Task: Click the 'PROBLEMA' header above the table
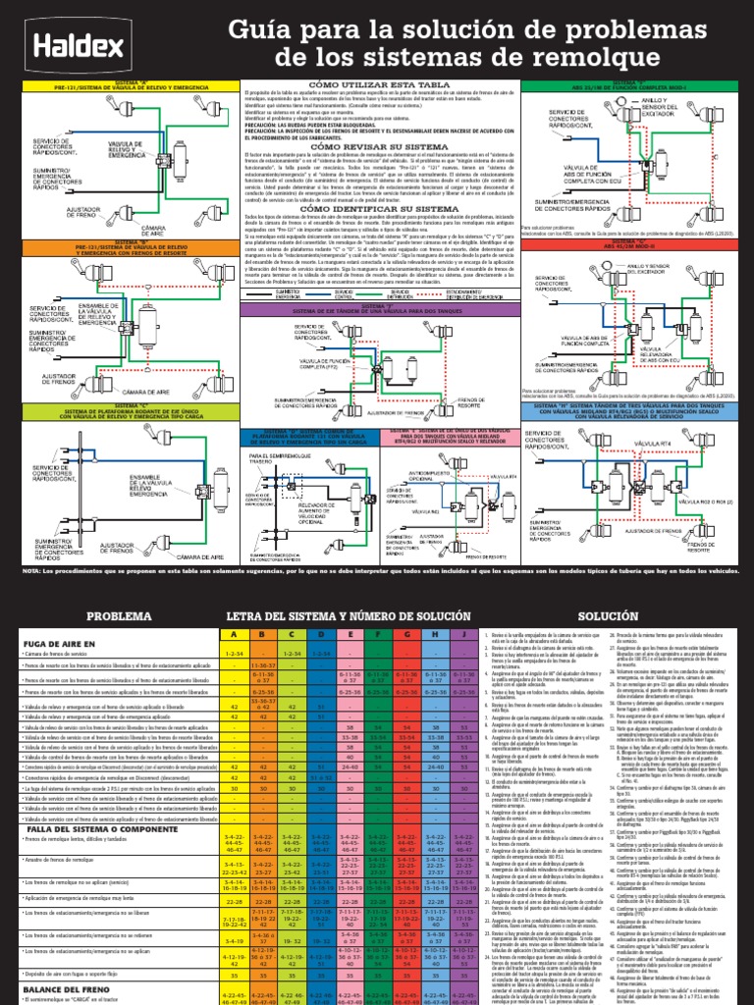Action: (120, 616)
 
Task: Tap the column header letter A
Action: (233, 635)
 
